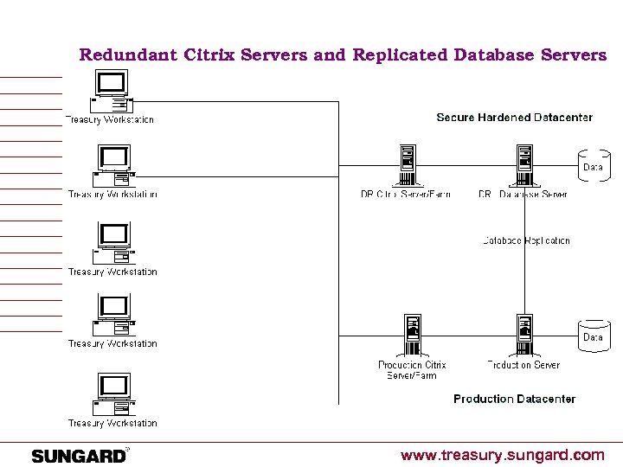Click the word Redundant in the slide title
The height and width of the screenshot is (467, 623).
[128, 55]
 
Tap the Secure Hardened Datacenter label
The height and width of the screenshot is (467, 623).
[514, 118]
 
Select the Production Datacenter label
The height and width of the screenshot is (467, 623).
[514, 399]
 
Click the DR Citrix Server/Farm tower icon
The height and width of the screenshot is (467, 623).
[406, 165]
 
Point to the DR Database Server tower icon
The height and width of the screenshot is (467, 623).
[523, 165]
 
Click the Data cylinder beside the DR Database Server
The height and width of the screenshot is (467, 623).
[593, 166]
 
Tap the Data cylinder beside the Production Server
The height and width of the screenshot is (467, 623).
[593, 336]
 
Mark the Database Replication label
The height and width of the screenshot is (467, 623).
[526, 240]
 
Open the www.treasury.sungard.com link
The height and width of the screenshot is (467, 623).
[502, 455]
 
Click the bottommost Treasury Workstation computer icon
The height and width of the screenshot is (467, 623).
[113, 394]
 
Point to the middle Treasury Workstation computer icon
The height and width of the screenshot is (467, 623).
[113, 244]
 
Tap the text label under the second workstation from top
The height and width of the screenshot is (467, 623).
[112, 195]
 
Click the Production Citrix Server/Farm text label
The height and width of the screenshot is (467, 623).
[412, 370]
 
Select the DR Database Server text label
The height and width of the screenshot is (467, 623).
[523, 195]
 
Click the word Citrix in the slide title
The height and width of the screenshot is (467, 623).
[209, 55]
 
